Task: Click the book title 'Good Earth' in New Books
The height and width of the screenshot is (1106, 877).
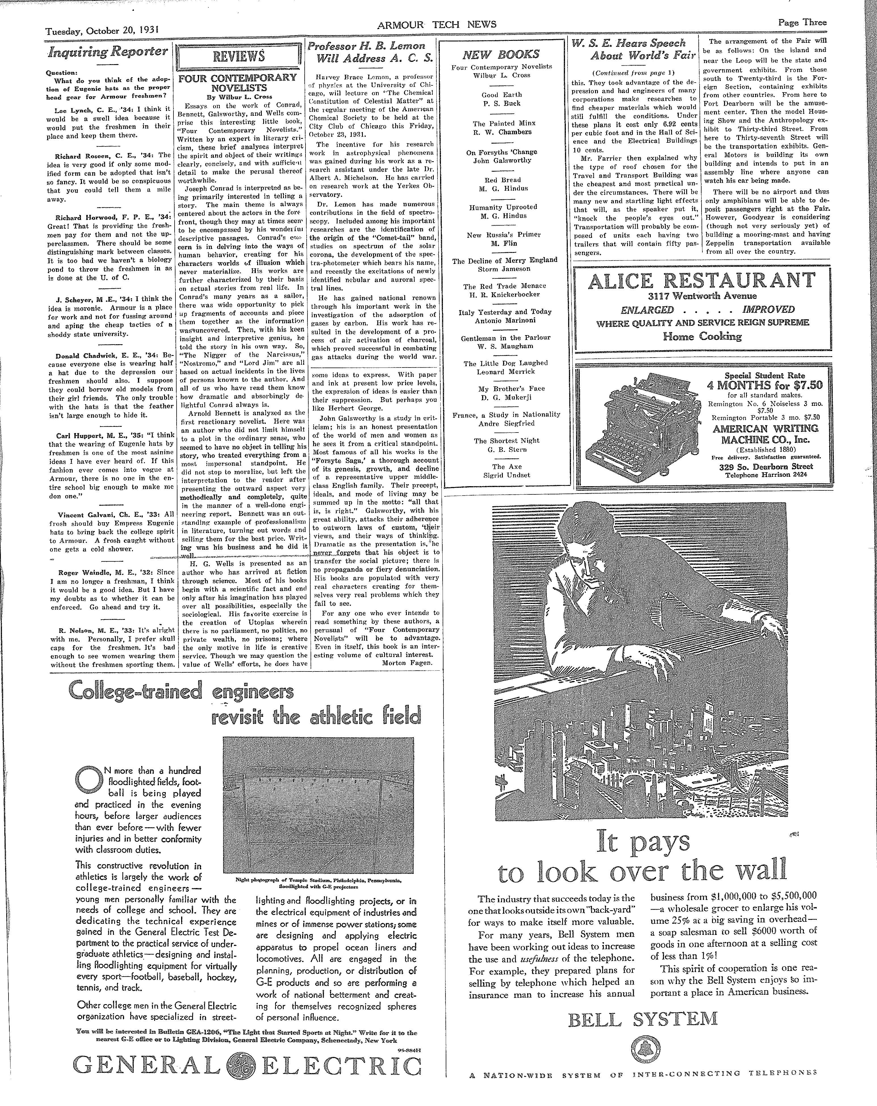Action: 501,95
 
